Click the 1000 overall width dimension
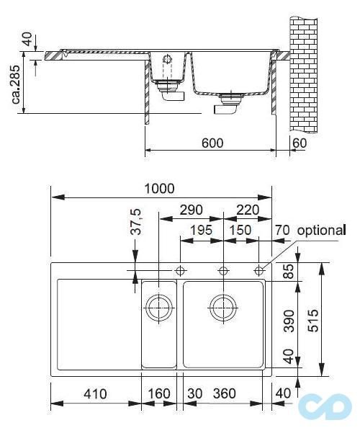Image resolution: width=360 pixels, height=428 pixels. (159, 189)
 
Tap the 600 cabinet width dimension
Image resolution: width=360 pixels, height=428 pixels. (212, 143)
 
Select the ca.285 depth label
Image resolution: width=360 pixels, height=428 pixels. (16, 84)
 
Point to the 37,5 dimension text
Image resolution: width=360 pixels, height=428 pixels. (135, 222)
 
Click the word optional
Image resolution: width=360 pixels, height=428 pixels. (322, 231)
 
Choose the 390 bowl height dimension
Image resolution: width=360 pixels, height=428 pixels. (289, 321)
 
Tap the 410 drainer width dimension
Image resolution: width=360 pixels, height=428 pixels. (95, 393)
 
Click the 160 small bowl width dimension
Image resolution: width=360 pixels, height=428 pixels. (159, 393)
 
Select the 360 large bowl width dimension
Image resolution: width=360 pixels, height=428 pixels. (225, 393)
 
